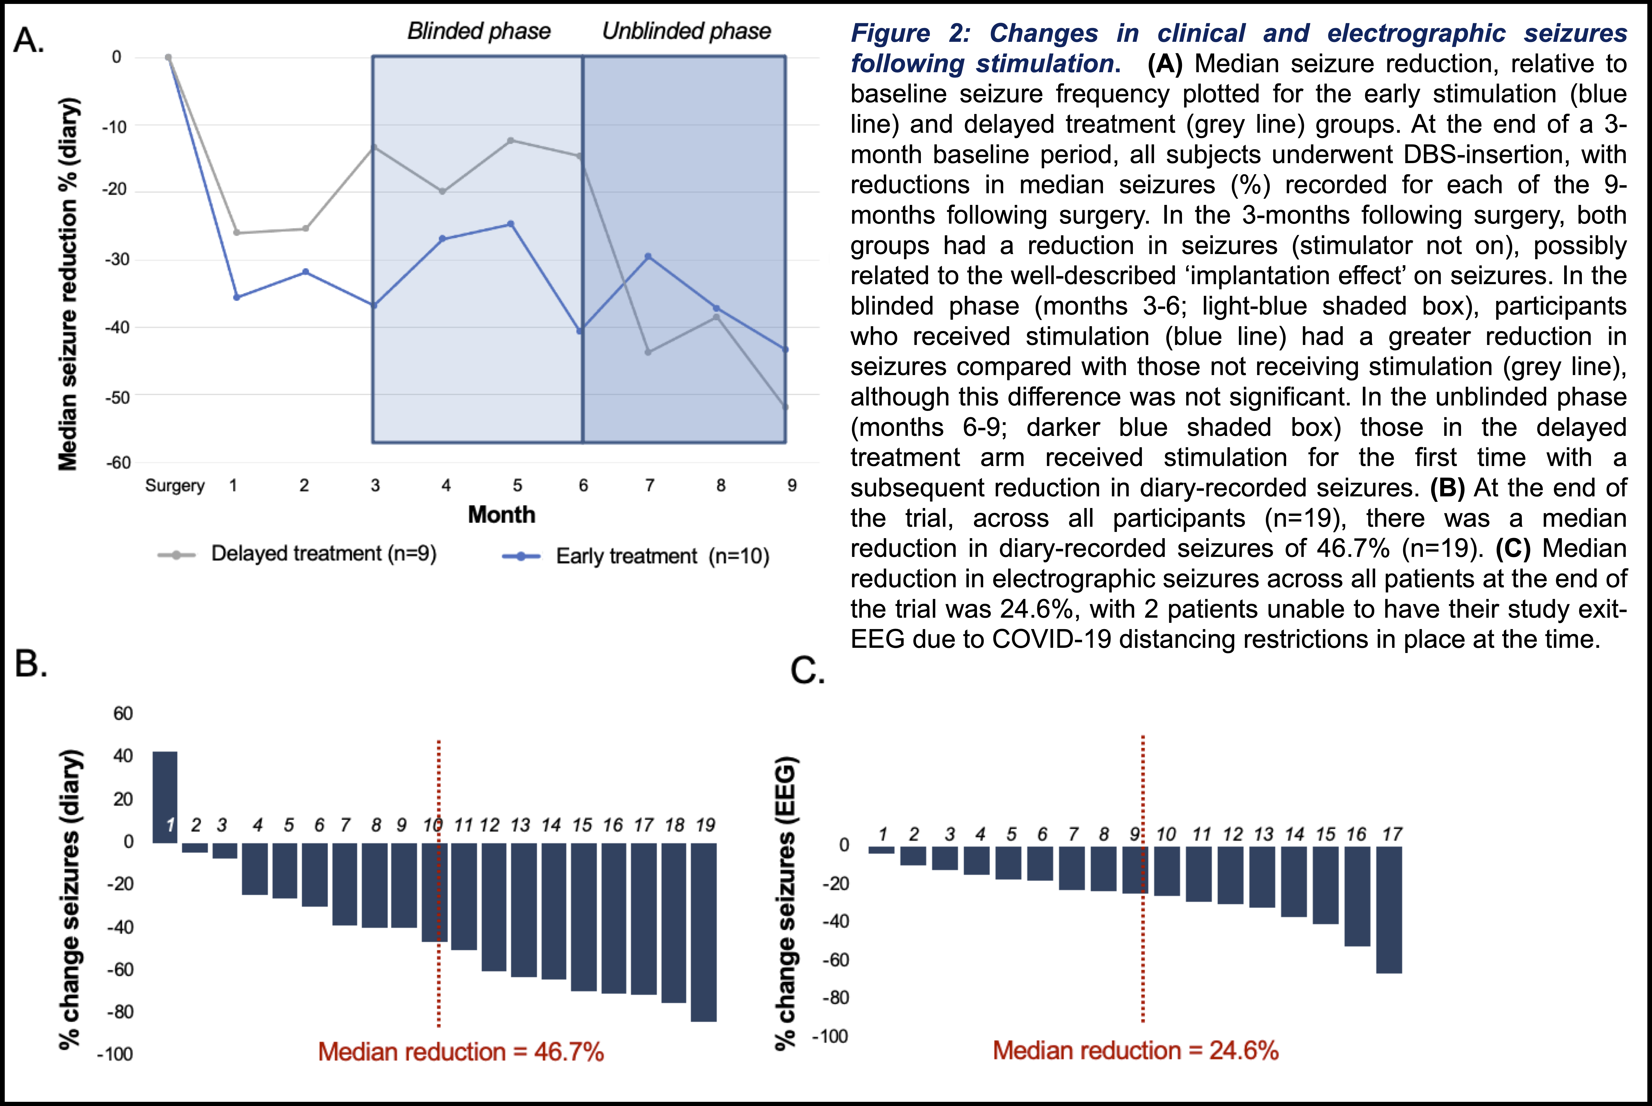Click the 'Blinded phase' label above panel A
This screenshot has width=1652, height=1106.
pos(479,31)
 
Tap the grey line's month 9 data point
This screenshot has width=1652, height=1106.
pos(785,407)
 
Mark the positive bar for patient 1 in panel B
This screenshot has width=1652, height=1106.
pos(165,797)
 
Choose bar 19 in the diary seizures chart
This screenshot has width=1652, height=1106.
pos(703,931)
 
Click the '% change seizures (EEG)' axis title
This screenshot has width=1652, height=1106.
pos(786,903)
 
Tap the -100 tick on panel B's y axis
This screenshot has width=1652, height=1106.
pos(115,1054)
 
